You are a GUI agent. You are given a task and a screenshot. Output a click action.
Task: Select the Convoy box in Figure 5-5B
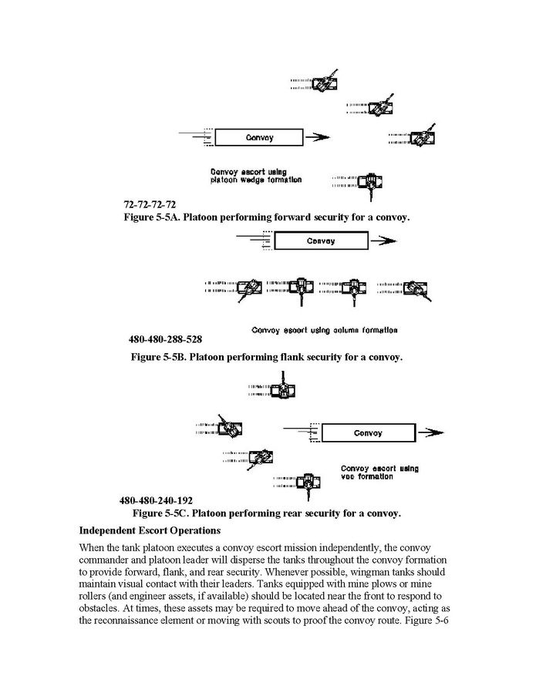[x=320, y=241]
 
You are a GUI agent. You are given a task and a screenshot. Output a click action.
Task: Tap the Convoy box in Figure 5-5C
[x=368, y=433]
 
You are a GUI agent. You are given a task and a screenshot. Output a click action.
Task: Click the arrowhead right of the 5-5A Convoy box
[x=322, y=138]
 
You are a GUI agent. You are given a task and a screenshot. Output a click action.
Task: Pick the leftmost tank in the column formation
[x=248, y=288]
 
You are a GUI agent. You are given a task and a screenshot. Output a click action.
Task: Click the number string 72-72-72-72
[x=150, y=205]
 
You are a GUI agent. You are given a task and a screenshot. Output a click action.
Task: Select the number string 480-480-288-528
[x=166, y=338]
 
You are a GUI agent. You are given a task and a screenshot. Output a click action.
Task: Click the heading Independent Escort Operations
[x=150, y=530]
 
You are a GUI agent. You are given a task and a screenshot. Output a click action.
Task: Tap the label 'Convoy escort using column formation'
[x=325, y=331]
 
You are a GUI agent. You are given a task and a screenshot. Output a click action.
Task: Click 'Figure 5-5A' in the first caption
[x=152, y=217]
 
